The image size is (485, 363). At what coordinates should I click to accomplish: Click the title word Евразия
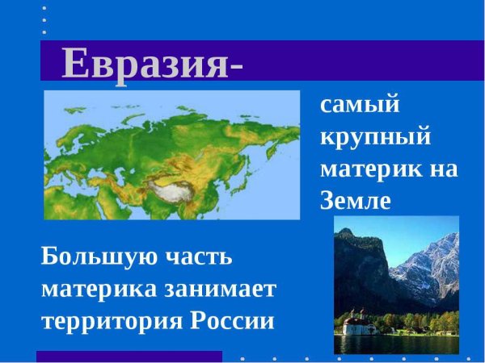144,63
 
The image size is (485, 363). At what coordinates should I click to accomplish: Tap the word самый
361,105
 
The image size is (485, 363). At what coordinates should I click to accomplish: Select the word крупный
374,137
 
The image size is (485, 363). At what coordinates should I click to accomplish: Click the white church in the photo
356,327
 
